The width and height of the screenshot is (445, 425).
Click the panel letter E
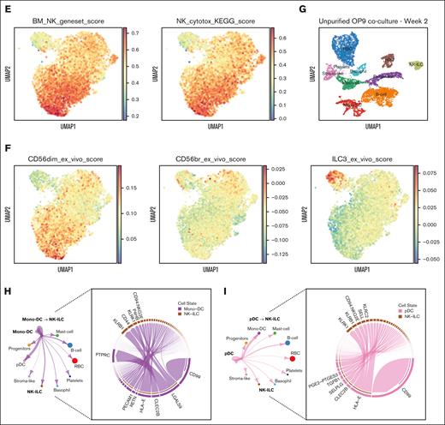point(5,7)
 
